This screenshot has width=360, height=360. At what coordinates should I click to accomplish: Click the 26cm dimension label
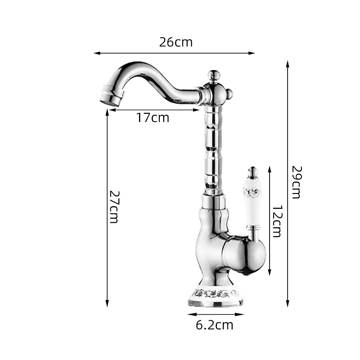(x=176, y=42)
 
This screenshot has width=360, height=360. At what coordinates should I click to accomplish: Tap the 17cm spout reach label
(x=153, y=117)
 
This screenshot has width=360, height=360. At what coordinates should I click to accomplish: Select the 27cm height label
(x=114, y=207)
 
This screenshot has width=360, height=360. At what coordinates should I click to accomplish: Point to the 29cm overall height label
(x=296, y=182)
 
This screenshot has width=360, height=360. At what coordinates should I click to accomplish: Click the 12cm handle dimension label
(x=277, y=221)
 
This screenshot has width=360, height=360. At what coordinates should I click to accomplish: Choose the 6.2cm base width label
(x=215, y=325)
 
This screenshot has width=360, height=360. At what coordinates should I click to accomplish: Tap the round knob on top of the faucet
(x=214, y=75)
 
